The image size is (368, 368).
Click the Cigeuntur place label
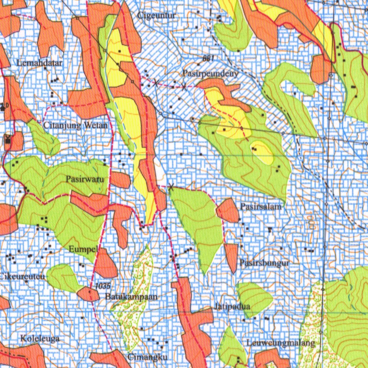point(157,15)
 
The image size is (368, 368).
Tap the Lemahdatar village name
point(40,63)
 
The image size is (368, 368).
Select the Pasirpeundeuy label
point(211,73)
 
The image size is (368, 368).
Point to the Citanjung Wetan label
point(75,125)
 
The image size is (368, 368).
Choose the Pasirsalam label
point(261,207)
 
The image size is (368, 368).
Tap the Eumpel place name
point(83,249)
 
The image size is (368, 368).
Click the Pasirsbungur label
point(265,263)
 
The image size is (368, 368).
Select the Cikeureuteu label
point(22,277)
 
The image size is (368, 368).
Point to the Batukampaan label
point(132,297)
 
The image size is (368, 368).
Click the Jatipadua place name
point(232,307)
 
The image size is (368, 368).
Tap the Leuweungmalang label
point(281,343)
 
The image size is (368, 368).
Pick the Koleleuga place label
point(40,338)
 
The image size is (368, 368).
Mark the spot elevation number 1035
point(103,286)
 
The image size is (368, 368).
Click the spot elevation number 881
point(208,59)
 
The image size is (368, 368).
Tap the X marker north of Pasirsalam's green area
point(171,187)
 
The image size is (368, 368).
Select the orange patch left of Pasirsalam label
point(228,210)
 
